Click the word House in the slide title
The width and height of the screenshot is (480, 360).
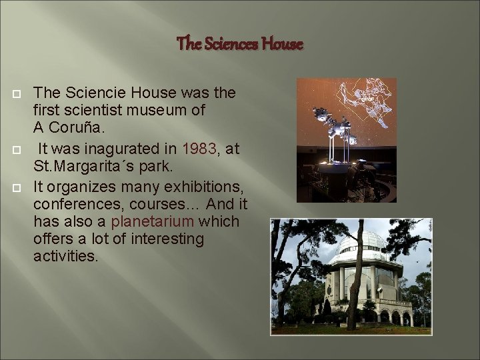tap(282, 45)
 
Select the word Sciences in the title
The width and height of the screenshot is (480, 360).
tap(229, 45)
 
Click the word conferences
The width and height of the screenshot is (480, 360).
tap(70, 204)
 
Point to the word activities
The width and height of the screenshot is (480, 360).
tap(65, 256)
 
